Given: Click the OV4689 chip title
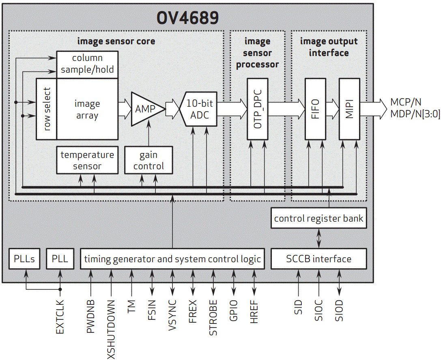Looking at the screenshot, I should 187,18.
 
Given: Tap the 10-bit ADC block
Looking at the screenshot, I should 200,109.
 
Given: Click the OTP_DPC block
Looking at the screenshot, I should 257,109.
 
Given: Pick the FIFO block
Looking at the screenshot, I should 315,109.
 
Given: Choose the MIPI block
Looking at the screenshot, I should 349,109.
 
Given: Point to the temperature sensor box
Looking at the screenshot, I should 87,160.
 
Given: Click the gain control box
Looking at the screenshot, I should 148,160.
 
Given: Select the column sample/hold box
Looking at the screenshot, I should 87,64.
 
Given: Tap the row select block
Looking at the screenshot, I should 46,109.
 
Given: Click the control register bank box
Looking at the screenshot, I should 319,219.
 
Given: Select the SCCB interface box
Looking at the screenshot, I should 319,259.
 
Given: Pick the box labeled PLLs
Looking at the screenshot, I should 24,259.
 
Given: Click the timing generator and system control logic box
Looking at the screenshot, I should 172,259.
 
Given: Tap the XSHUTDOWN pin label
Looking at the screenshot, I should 111,329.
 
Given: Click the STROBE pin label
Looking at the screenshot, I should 213,318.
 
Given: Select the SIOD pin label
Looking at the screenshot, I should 339,311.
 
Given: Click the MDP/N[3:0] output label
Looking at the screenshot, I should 415,114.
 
